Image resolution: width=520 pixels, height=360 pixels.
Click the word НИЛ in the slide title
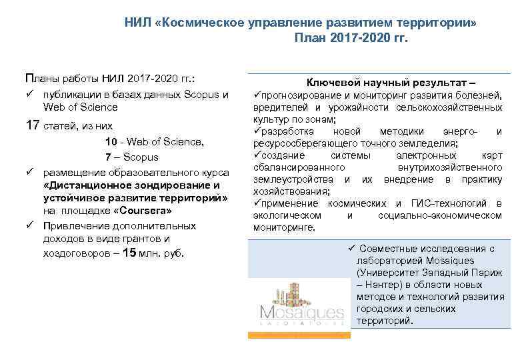point(137,22)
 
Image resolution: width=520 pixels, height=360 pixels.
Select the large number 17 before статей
point(31,125)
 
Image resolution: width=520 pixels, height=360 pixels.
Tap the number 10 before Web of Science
point(111,141)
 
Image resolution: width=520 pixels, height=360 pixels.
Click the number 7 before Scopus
point(108,157)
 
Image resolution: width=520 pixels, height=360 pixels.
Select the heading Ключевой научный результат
point(391,83)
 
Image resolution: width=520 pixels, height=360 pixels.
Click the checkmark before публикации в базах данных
point(29,95)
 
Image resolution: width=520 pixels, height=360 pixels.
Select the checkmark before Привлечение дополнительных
point(29,226)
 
